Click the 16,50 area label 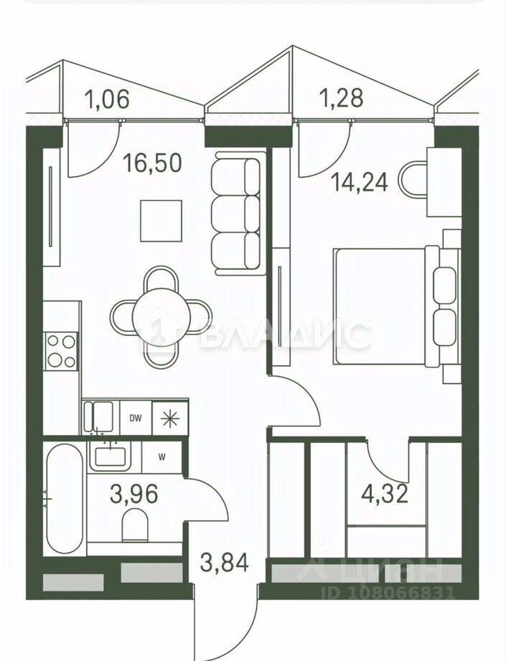(x=152, y=163)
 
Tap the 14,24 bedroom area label (x=359, y=182)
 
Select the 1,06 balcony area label (x=107, y=100)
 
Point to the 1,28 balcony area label (x=341, y=98)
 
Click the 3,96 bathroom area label (x=133, y=494)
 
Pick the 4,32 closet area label (x=385, y=494)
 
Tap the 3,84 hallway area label (x=225, y=563)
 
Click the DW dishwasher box (x=136, y=417)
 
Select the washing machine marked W (x=162, y=457)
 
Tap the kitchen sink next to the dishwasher (x=98, y=416)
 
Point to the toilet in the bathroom (x=135, y=525)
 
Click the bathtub (x=65, y=498)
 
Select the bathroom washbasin (x=110, y=456)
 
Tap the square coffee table (x=161, y=221)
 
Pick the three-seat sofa (x=238, y=214)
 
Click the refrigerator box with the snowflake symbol (x=170, y=417)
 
